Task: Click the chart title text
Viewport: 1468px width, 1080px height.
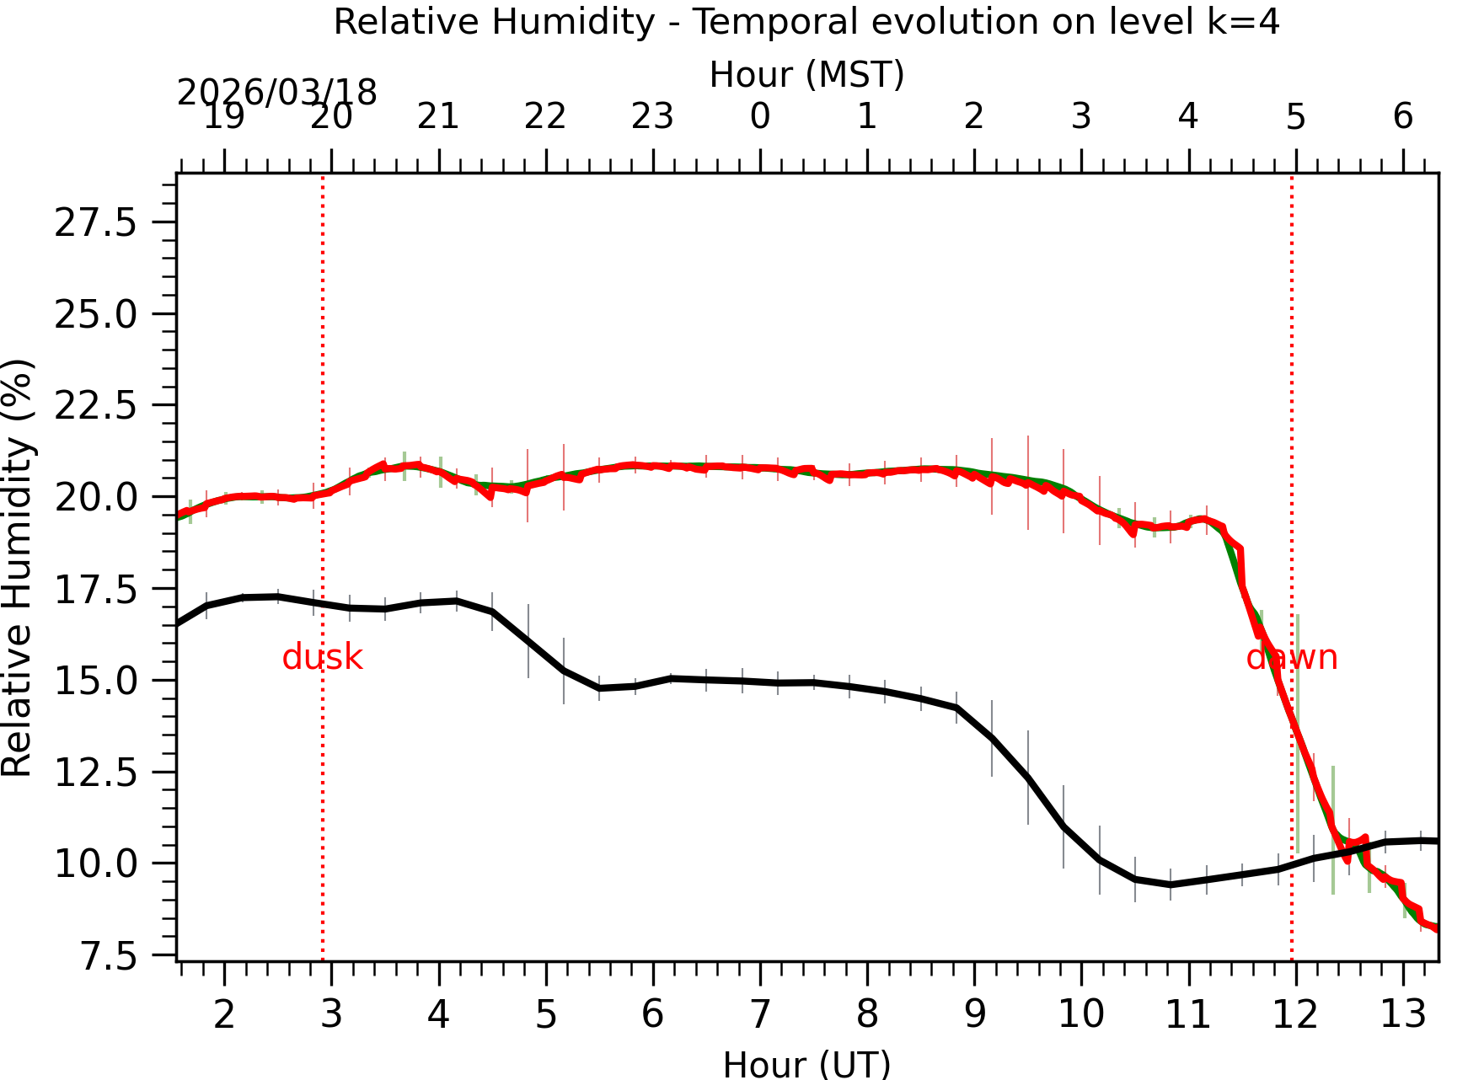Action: tap(806, 21)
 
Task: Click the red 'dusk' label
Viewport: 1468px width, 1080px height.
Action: tap(322, 657)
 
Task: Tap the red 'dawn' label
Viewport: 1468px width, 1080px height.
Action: tap(1291, 657)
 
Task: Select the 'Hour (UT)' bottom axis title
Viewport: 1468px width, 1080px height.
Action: tap(806, 1064)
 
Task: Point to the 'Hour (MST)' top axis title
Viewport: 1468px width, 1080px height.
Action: tap(806, 74)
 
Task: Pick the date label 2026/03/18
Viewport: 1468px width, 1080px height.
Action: tap(276, 93)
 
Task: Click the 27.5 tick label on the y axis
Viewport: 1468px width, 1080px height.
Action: tap(95, 223)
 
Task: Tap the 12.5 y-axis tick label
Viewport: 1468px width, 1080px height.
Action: tap(95, 773)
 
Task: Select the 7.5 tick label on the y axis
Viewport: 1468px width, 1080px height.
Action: tap(107, 956)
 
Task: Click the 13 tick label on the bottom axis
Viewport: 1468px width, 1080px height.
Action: tap(1402, 1014)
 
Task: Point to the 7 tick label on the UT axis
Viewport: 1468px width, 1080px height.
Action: tap(760, 1014)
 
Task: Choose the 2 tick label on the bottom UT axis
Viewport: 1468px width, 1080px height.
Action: tap(224, 1014)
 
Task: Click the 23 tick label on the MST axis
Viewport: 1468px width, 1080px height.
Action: tap(653, 116)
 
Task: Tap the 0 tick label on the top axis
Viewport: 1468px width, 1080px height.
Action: tap(760, 116)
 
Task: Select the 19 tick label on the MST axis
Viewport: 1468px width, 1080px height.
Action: tap(224, 116)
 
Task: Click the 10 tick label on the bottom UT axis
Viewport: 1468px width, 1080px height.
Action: tap(1081, 1014)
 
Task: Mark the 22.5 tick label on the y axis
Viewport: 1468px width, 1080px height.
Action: tap(95, 406)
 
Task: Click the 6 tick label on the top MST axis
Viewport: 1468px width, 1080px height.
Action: tap(1402, 116)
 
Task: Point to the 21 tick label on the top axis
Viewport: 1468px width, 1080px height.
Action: tap(438, 116)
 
